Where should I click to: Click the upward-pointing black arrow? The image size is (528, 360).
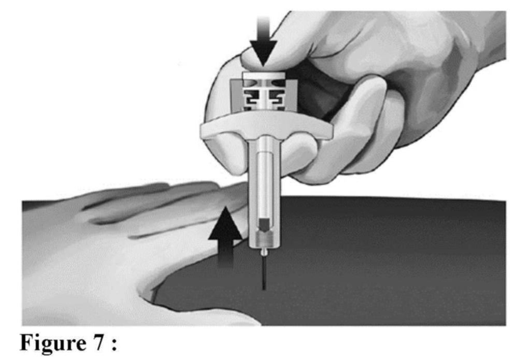[225, 237]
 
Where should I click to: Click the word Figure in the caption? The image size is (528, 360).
[53, 343]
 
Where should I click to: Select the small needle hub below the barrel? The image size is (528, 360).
[264, 251]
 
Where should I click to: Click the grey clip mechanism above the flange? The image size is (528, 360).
[264, 96]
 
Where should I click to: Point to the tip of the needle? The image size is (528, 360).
[264, 289]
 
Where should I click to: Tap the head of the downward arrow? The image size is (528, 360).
[263, 53]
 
